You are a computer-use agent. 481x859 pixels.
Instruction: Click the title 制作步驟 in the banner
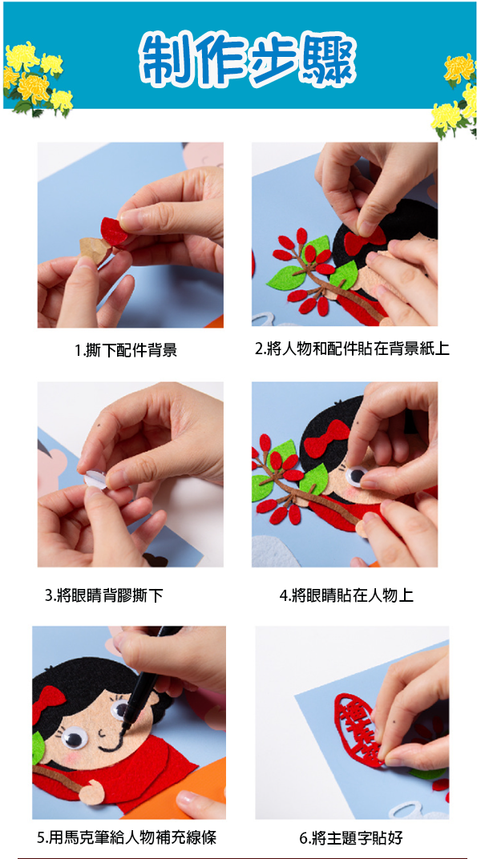248,59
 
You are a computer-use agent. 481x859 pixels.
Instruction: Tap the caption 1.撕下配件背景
126,350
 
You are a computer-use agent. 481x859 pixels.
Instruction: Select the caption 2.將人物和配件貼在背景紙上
352,349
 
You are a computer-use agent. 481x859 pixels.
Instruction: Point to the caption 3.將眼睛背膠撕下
104,595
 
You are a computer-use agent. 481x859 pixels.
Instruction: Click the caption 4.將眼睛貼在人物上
346,595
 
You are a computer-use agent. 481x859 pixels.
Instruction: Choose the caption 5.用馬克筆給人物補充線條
127,837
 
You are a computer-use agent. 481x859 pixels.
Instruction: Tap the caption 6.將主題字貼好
350,837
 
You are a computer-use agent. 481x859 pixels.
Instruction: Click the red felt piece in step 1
113,232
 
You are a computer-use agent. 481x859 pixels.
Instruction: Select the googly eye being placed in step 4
356,475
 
